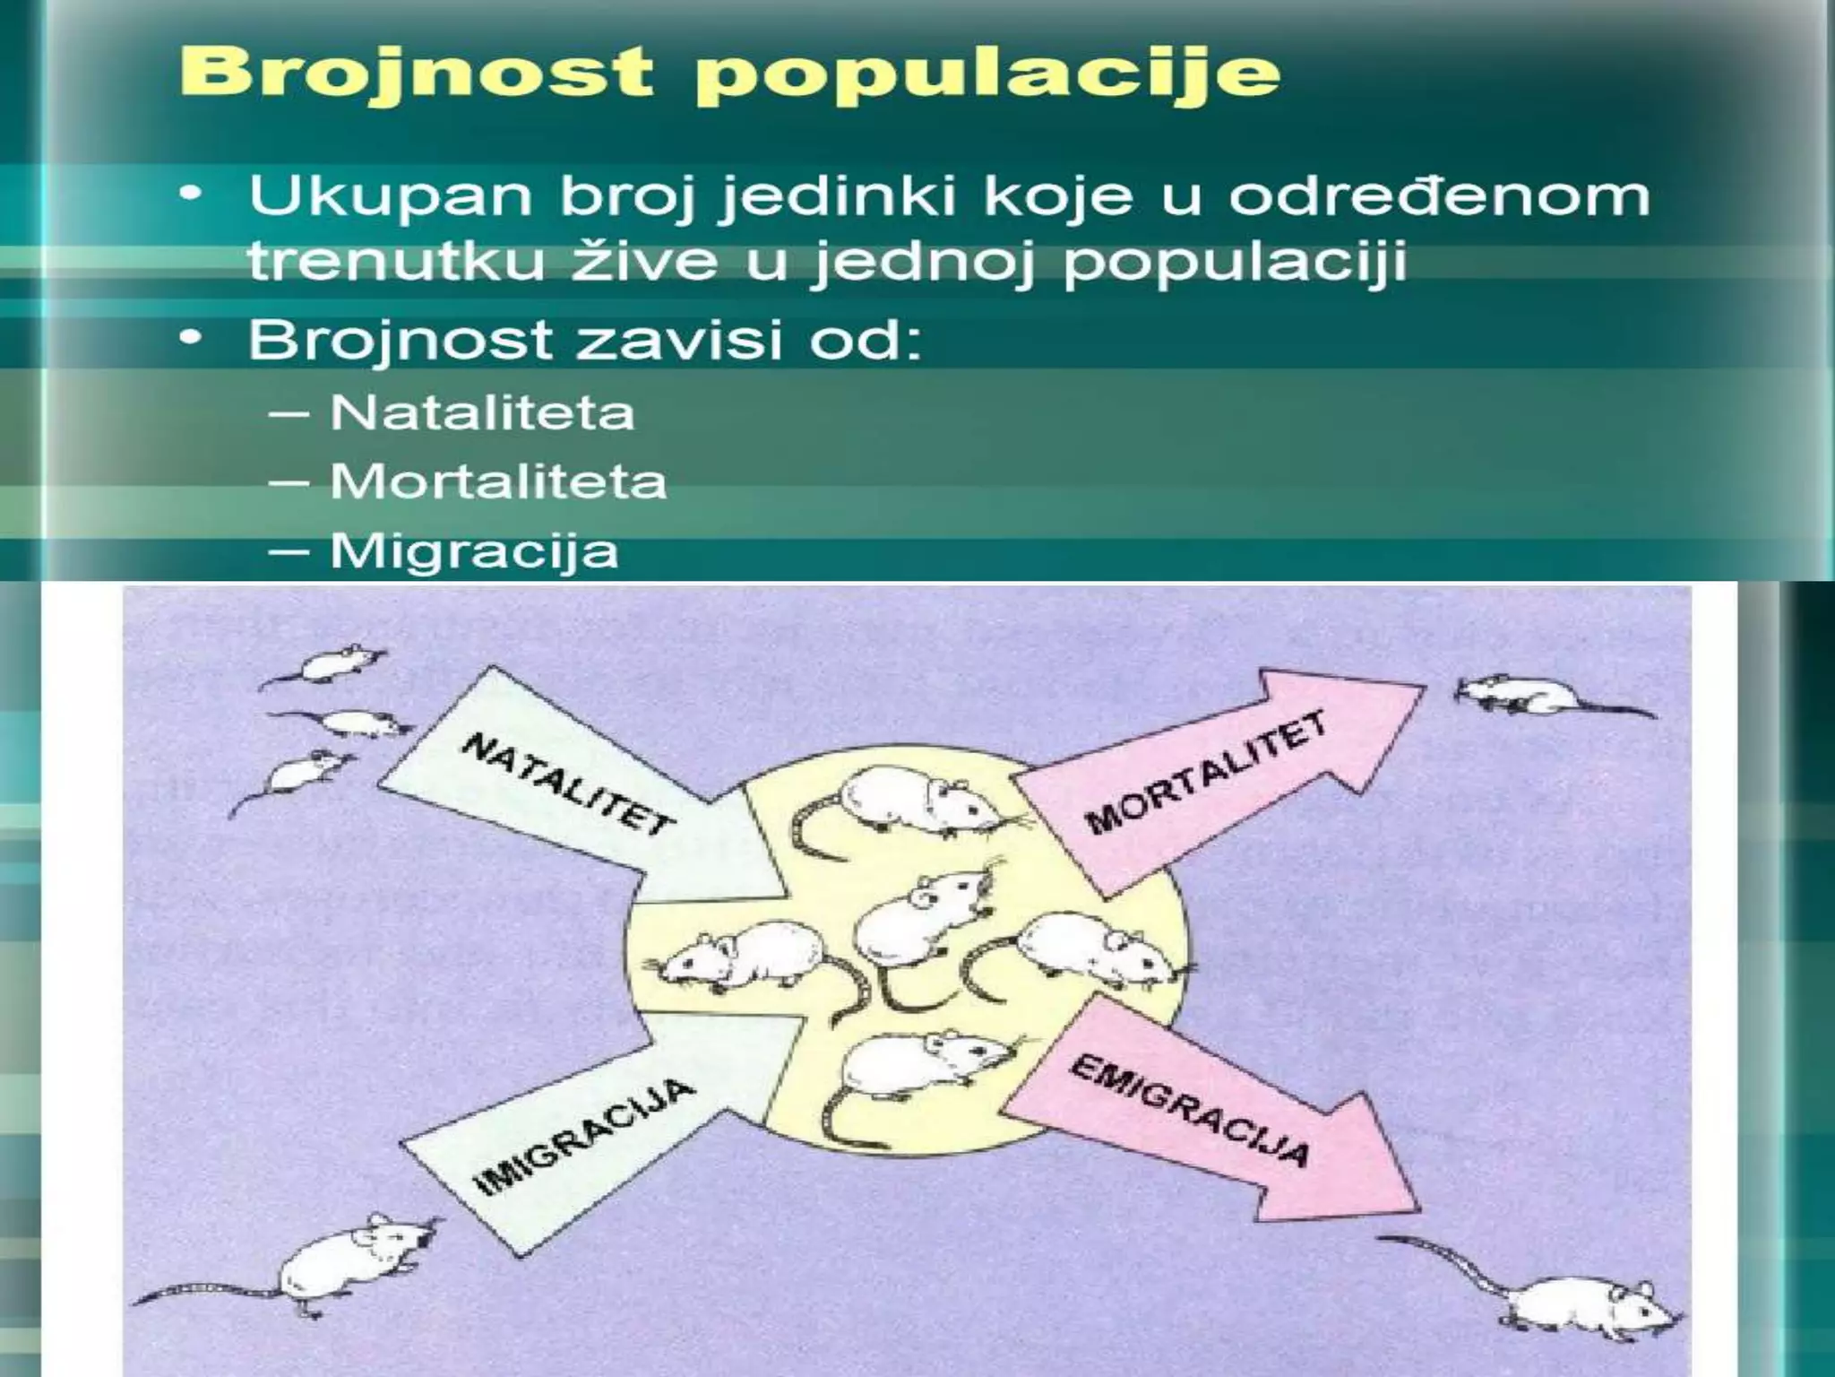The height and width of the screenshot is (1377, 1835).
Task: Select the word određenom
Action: (1438, 196)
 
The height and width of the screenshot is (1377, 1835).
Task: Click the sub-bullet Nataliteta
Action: (482, 413)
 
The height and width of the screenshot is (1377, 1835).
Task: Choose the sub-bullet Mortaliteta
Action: (498, 482)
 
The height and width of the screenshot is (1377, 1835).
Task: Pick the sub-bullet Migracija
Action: (474, 550)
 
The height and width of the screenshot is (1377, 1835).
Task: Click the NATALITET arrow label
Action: (568, 784)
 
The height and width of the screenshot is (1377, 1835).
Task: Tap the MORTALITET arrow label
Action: (1205, 772)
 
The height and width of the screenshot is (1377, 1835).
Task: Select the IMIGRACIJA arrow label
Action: (583, 1137)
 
